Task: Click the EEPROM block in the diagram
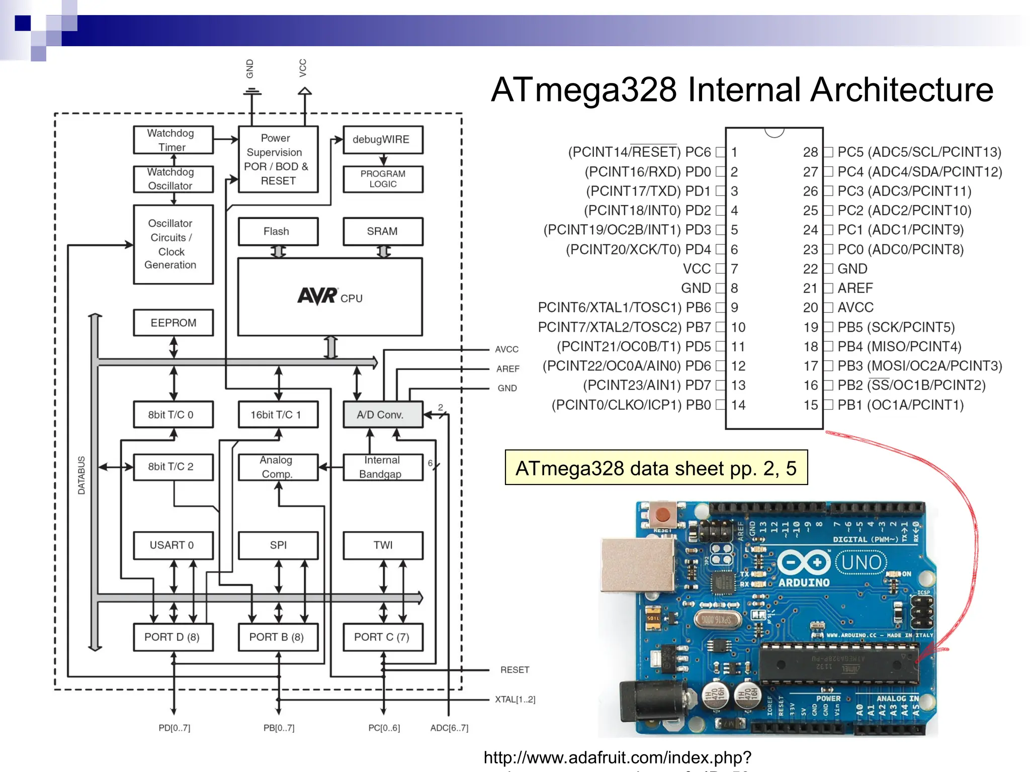173,323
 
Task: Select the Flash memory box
278,231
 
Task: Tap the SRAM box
382,231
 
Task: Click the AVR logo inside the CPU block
317,296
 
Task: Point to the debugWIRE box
382,140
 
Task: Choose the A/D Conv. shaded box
382,415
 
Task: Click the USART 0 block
173,545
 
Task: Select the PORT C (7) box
382,637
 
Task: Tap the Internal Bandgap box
382,467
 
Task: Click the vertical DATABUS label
81,475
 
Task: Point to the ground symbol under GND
252,92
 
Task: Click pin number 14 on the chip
738,405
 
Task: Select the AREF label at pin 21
855,288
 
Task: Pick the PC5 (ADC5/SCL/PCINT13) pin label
919,152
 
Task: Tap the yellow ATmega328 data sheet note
656,468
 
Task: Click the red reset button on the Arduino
662,514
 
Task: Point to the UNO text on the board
861,562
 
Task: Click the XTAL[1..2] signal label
514,699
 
